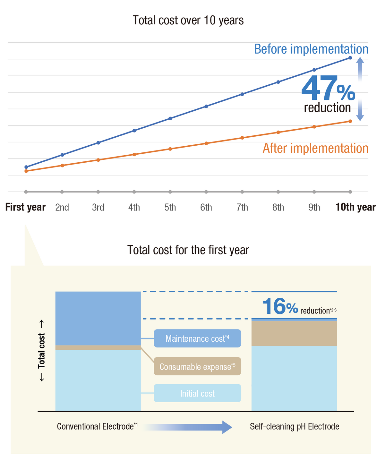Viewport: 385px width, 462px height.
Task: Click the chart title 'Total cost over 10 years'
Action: [x=188, y=20]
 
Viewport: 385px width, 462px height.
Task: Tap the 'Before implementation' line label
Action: [x=311, y=49]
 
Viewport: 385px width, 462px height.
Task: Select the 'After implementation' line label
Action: [x=315, y=148]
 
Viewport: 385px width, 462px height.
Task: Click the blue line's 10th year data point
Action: [x=350, y=58]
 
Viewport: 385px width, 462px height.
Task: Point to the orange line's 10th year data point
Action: [x=350, y=121]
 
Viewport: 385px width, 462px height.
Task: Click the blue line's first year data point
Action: [x=26, y=167]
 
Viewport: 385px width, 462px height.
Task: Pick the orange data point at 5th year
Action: [x=170, y=149]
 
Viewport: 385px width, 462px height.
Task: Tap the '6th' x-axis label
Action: [x=206, y=207]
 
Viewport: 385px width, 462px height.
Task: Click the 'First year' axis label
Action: [x=25, y=207]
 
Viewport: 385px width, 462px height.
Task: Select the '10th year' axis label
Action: [x=355, y=207]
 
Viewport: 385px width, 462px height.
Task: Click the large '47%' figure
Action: [x=328, y=89]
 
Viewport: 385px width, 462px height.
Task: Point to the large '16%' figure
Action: [x=280, y=307]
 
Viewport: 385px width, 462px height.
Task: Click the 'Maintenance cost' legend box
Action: [x=197, y=338]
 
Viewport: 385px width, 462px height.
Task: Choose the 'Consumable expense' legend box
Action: [x=197, y=366]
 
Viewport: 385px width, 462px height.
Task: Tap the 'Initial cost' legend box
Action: [x=197, y=393]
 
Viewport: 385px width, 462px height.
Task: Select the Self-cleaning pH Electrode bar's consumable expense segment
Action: [x=294, y=333]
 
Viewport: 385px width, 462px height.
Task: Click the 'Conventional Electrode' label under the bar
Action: [x=97, y=426]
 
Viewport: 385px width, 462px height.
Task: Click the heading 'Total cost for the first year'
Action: [x=188, y=250]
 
